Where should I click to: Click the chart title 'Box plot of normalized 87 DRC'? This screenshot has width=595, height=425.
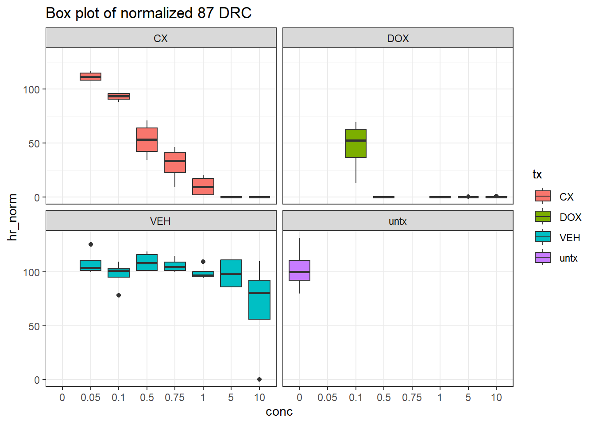tap(148, 13)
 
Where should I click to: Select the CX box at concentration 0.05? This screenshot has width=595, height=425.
tap(90, 77)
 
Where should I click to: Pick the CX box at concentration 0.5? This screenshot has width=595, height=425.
tap(147, 139)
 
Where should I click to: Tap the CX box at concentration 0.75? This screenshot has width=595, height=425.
tap(175, 162)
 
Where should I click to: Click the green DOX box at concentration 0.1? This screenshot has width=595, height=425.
tap(355, 143)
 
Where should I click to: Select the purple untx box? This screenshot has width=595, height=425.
tap(299, 270)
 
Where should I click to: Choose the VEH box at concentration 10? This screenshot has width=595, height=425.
tap(259, 300)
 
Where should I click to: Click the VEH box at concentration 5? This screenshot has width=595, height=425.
tap(231, 273)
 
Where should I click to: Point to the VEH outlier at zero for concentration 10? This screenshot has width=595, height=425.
tap(259, 379)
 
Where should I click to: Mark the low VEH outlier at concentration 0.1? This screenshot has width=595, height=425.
tap(119, 295)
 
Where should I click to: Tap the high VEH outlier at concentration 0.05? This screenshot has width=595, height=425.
tap(91, 244)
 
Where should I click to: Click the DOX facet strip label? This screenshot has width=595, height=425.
tap(398, 39)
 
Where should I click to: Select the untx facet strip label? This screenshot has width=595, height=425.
tap(398, 221)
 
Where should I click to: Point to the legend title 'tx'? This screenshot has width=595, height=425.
tap(537, 174)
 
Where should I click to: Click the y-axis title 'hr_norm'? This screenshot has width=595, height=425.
tap(12, 217)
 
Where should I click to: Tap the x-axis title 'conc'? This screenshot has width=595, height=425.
tap(279, 412)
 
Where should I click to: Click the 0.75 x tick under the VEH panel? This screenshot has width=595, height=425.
tap(175, 398)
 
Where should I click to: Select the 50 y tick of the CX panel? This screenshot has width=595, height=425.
tap(34, 143)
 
